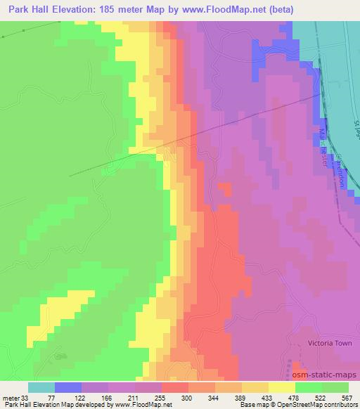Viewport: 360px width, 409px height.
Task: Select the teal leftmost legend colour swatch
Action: tap(41, 387)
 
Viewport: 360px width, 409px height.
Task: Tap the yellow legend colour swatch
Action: tap(281, 387)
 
